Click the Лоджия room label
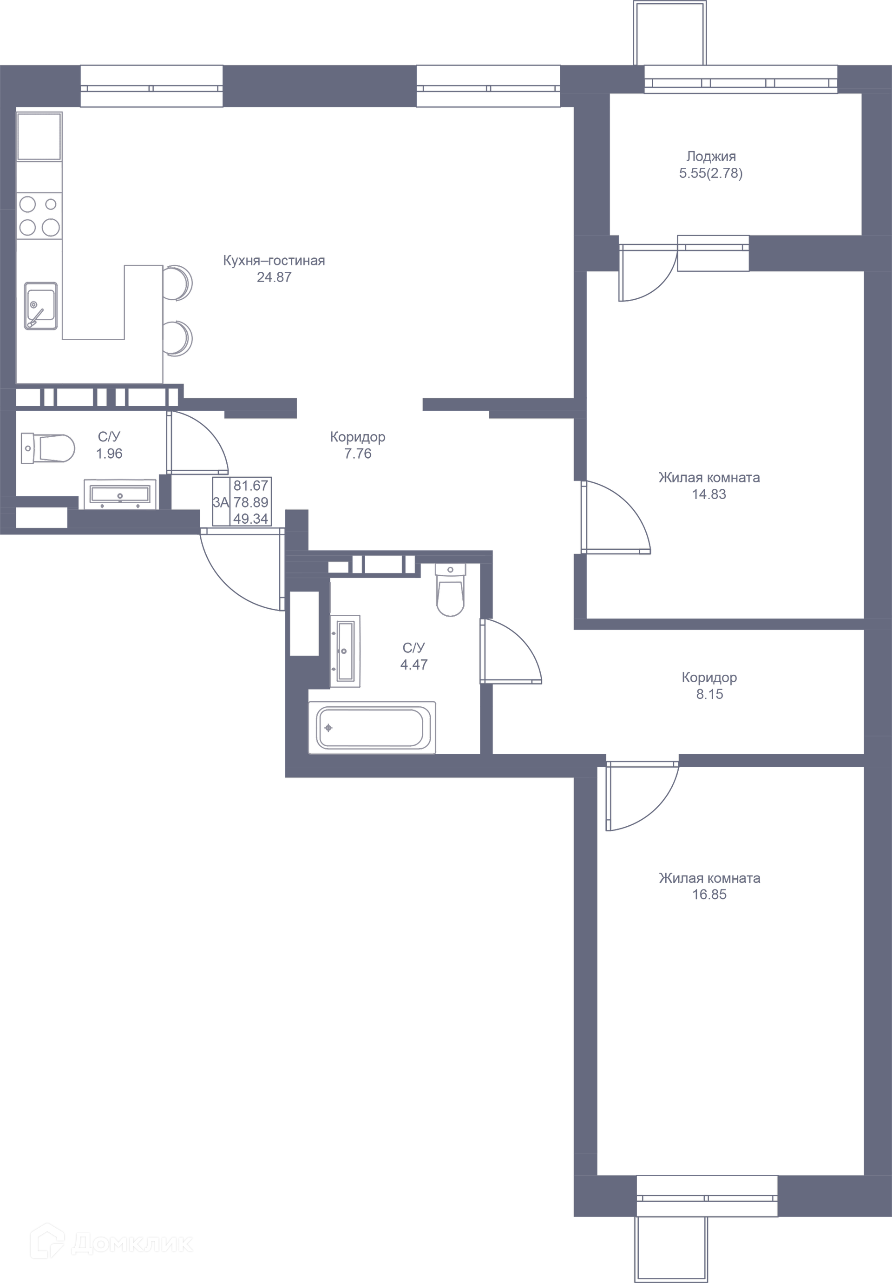(x=710, y=157)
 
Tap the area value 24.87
(x=274, y=277)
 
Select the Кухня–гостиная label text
(x=274, y=260)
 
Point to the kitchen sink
(x=41, y=306)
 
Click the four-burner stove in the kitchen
(x=39, y=216)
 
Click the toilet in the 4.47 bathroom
(x=450, y=590)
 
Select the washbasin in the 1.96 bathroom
(x=120, y=494)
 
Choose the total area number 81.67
(x=251, y=485)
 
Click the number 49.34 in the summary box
(x=251, y=519)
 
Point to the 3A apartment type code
(x=221, y=502)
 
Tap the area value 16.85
(x=709, y=894)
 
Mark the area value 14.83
(x=709, y=494)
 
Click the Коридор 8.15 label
(x=709, y=685)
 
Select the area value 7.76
(x=357, y=454)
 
